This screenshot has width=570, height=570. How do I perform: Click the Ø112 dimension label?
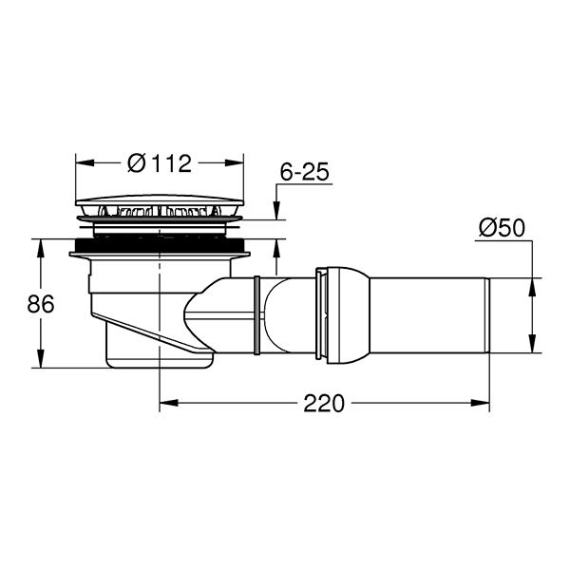(160, 163)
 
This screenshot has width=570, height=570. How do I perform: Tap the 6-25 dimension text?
(305, 172)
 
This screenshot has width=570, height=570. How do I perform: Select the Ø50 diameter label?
(502, 228)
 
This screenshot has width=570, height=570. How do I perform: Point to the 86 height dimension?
(40, 304)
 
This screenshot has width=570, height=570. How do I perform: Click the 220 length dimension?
(324, 403)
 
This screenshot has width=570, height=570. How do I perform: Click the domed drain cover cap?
(160, 201)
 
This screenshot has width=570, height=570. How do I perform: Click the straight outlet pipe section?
(429, 315)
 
